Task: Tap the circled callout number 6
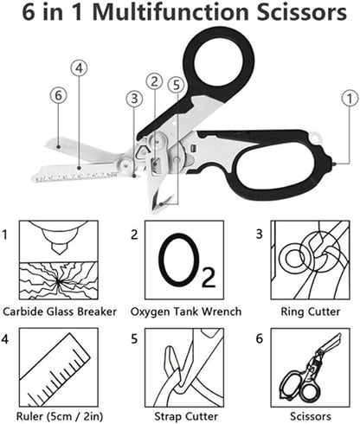(57, 96)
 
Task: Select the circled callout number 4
(80, 67)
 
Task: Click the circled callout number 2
(154, 82)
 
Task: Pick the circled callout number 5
(177, 84)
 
